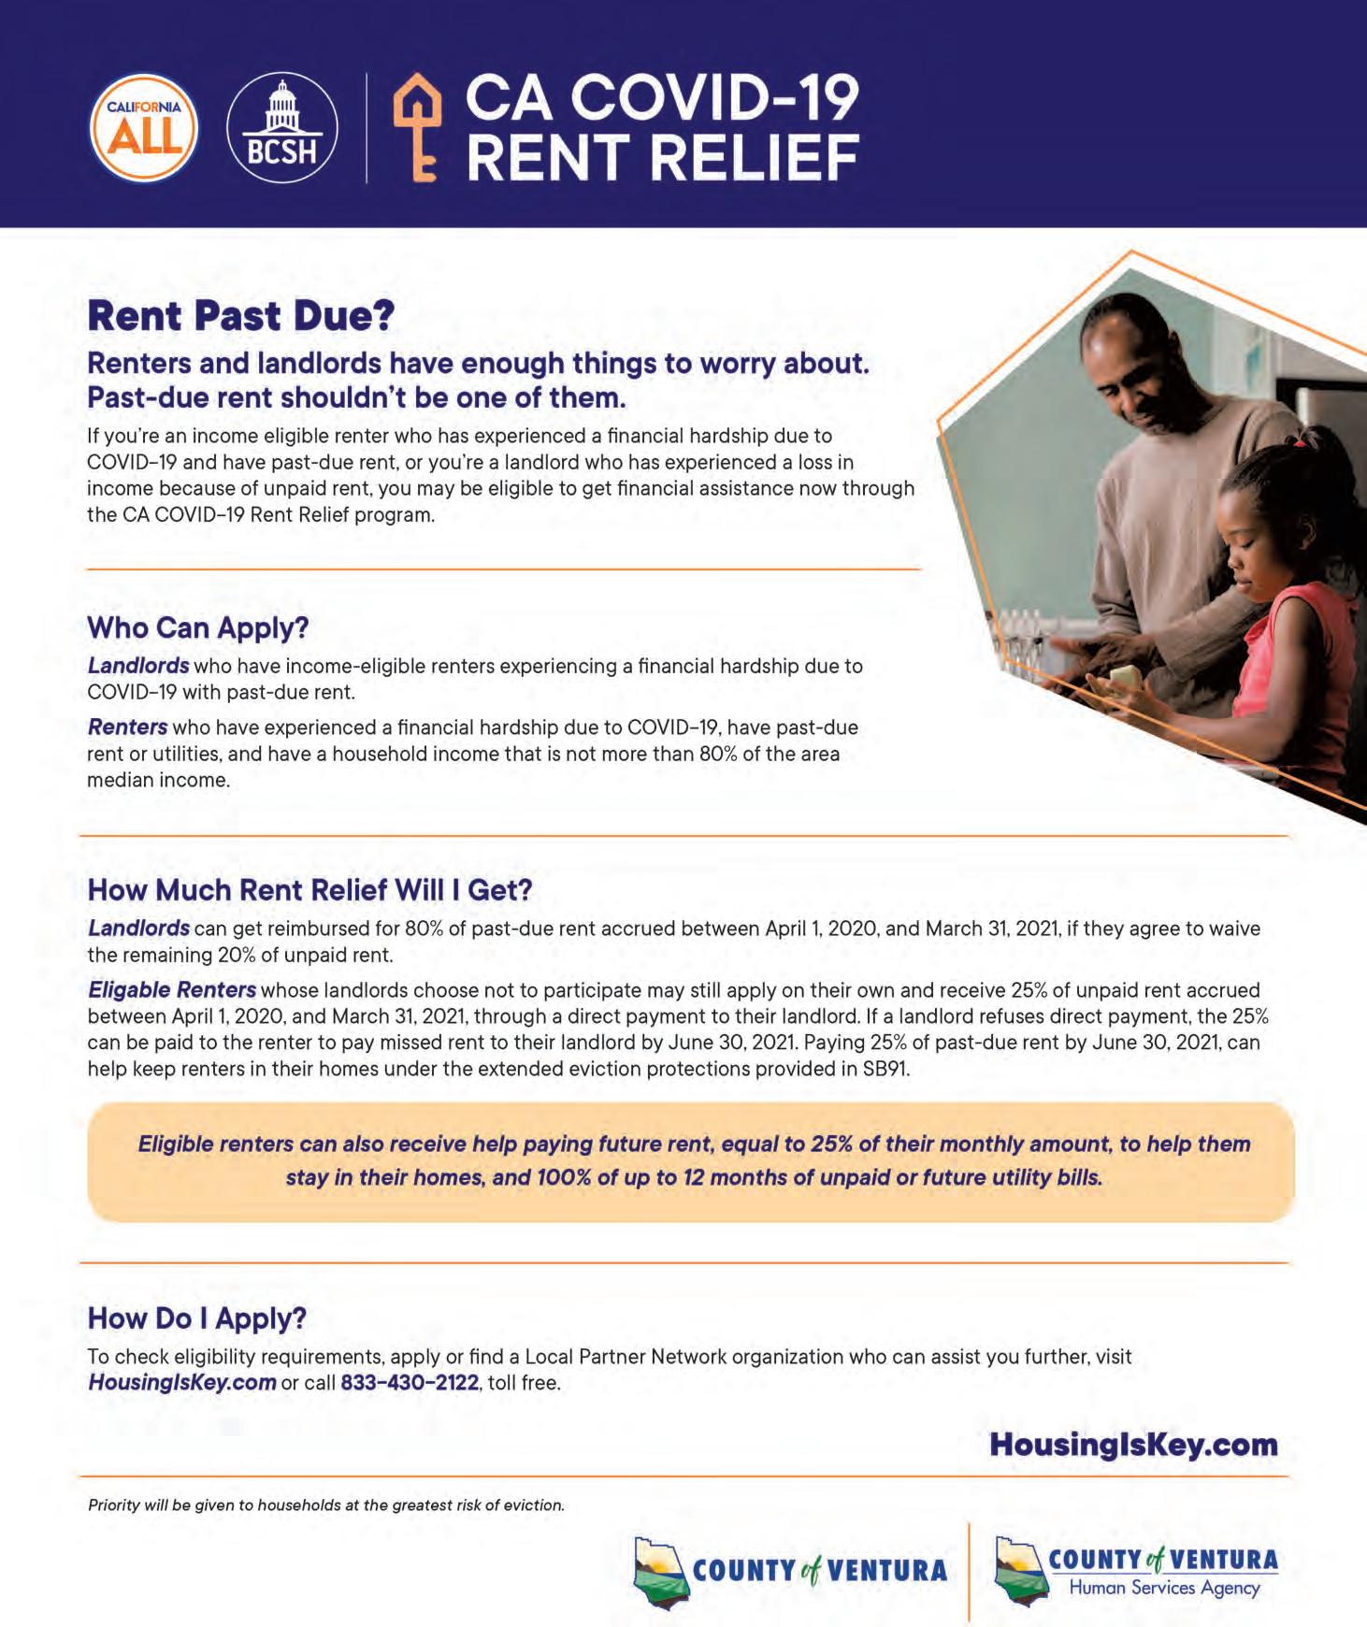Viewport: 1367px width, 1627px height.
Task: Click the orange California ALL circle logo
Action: point(143,128)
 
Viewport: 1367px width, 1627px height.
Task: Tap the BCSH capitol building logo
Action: point(281,128)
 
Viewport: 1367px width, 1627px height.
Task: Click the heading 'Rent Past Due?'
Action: point(241,317)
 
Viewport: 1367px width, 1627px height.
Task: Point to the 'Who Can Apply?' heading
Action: point(198,627)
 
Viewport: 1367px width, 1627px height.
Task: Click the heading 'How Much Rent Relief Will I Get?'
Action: point(309,889)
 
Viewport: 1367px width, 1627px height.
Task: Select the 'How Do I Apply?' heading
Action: point(197,1318)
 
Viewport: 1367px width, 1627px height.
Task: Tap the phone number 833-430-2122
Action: point(410,1382)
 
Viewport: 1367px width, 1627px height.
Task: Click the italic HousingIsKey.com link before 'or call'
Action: point(181,1382)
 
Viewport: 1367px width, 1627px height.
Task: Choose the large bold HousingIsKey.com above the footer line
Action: point(1133,1444)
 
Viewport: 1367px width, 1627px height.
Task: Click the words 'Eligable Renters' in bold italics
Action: point(172,989)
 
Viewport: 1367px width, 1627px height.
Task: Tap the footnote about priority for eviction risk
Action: point(326,1505)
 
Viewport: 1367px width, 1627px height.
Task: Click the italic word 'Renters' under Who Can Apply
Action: point(128,727)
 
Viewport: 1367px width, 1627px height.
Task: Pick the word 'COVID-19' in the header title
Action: point(719,99)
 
